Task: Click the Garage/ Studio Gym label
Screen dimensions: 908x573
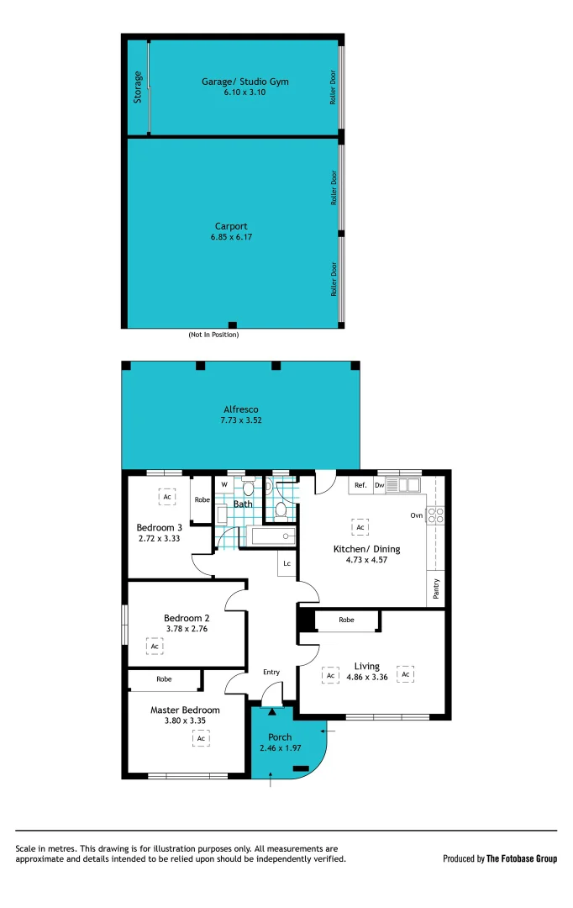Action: (244, 82)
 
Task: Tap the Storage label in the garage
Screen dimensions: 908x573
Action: (138, 87)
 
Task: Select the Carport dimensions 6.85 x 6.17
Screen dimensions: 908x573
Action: (231, 237)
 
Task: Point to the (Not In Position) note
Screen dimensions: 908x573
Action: (213, 335)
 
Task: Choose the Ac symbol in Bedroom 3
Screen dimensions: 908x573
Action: (167, 497)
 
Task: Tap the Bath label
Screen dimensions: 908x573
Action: (243, 504)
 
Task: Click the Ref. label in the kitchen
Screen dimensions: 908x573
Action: (360, 485)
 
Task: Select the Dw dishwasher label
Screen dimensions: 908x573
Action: (380, 485)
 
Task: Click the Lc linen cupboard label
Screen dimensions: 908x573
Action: (286, 563)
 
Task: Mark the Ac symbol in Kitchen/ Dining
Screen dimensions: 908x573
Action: (360, 527)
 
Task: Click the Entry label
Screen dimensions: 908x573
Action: (271, 672)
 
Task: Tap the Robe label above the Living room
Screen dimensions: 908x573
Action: (346, 620)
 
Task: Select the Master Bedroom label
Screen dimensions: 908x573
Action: (185, 710)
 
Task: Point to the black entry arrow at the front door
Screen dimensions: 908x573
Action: (271, 711)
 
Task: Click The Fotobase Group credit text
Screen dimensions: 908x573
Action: (522, 858)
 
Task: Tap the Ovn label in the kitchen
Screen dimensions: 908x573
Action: (416, 515)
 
